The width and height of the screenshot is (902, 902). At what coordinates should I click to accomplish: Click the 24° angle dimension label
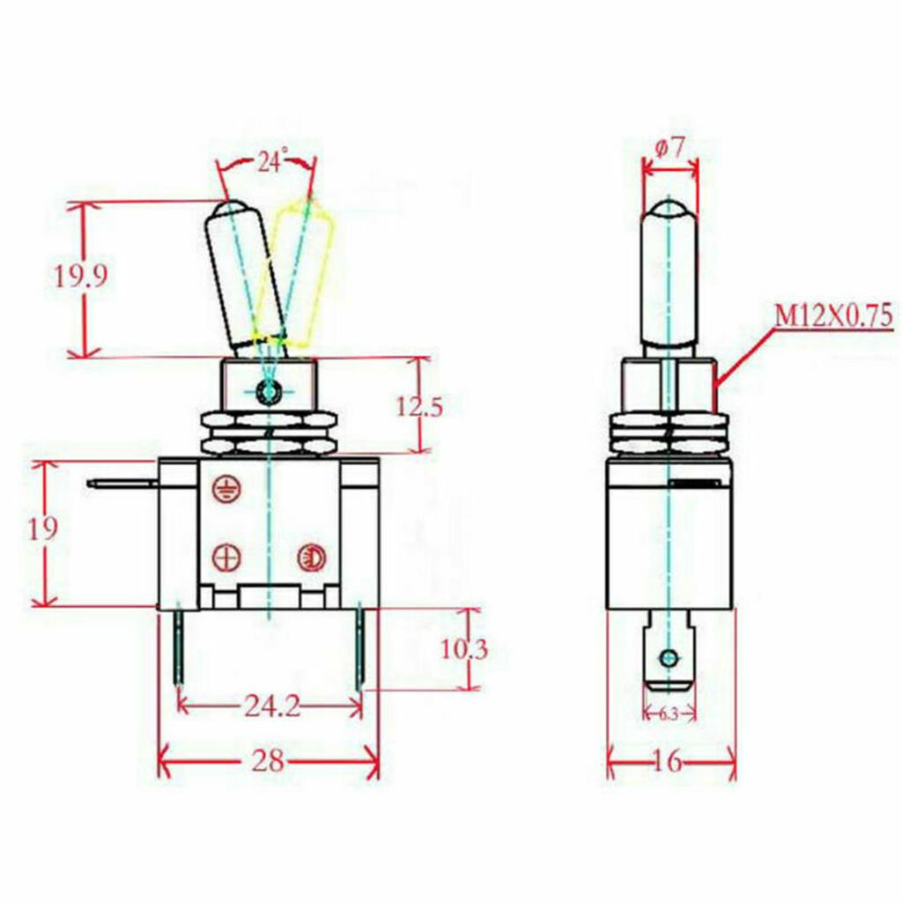coord(272,162)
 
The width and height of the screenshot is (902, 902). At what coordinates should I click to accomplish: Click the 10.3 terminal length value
coord(463,650)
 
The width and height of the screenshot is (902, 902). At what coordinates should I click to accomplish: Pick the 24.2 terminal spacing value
coord(270,707)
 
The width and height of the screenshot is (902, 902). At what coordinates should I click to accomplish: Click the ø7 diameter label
coord(670,148)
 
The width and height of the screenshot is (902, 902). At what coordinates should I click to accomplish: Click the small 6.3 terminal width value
coord(669,714)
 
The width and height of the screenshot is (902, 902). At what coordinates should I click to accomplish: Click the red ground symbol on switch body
coord(225,490)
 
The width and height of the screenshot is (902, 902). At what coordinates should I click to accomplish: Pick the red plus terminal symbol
coord(226,557)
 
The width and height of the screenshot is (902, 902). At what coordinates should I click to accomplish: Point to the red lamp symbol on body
coord(309,557)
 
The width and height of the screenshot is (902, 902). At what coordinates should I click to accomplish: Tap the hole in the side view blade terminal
coord(669,658)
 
